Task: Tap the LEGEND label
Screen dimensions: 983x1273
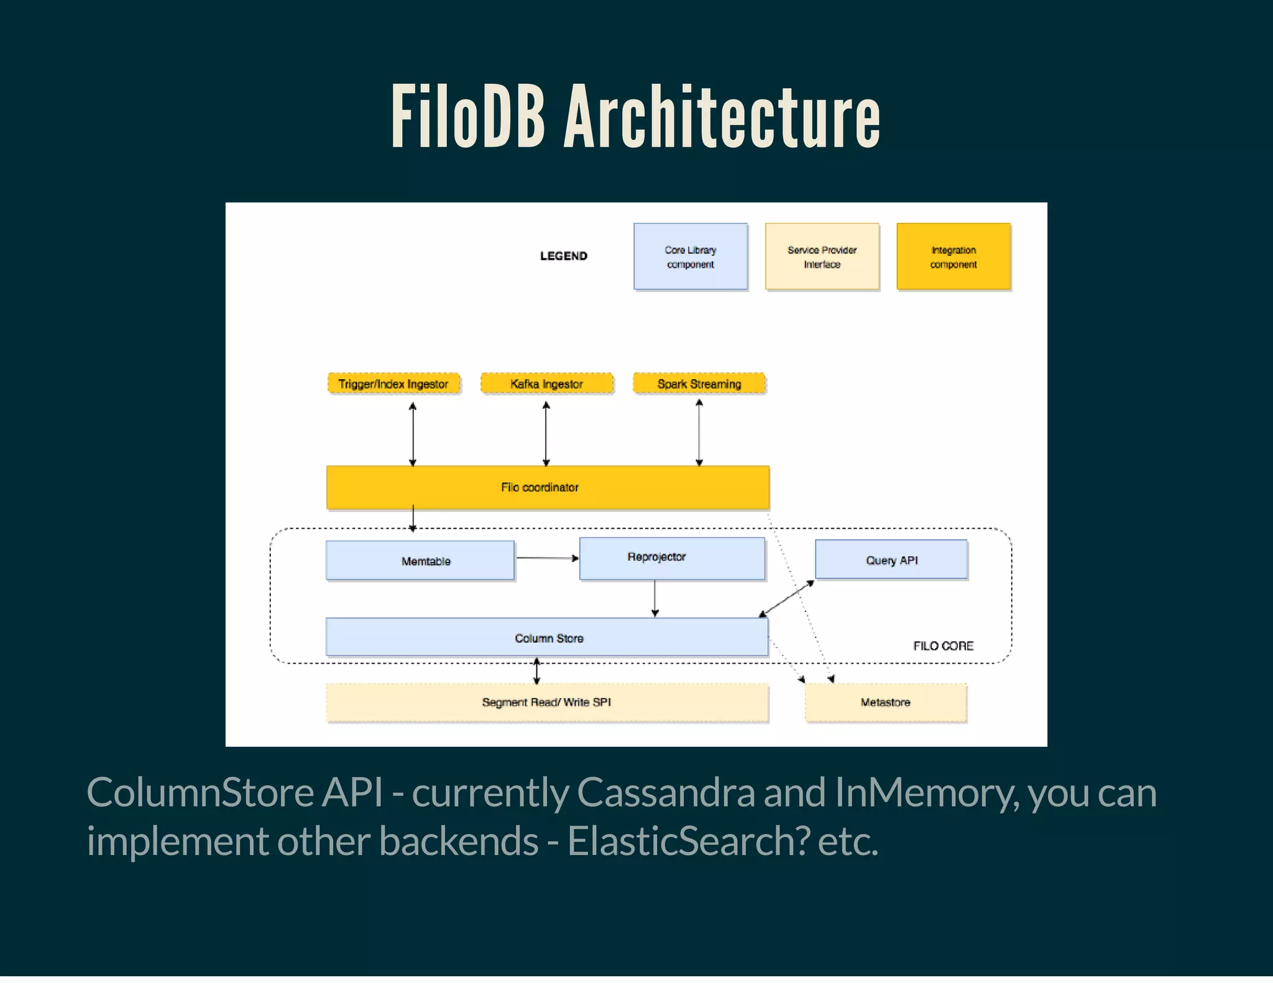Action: tap(563, 256)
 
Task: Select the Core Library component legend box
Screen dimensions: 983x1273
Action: tap(690, 257)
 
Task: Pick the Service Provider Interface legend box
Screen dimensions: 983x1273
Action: tap(822, 257)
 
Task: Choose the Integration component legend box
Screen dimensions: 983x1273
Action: tap(953, 257)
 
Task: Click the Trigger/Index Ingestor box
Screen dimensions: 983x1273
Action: tap(393, 384)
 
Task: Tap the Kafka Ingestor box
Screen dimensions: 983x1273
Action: tap(546, 384)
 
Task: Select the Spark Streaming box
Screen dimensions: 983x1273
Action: tap(699, 384)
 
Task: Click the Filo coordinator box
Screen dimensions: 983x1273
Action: tap(547, 488)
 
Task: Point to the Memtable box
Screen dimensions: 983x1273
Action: tap(420, 561)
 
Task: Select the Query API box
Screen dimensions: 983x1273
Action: tap(891, 560)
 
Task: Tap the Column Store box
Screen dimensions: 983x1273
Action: tap(547, 638)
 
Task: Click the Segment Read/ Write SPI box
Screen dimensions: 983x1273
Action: tap(547, 703)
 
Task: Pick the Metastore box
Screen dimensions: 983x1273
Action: tap(885, 703)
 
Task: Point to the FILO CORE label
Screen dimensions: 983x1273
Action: tap(943, 646)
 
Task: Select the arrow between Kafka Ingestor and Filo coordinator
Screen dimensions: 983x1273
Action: tap(546, 434)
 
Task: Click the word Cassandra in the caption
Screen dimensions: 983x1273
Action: tap(665, 793)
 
